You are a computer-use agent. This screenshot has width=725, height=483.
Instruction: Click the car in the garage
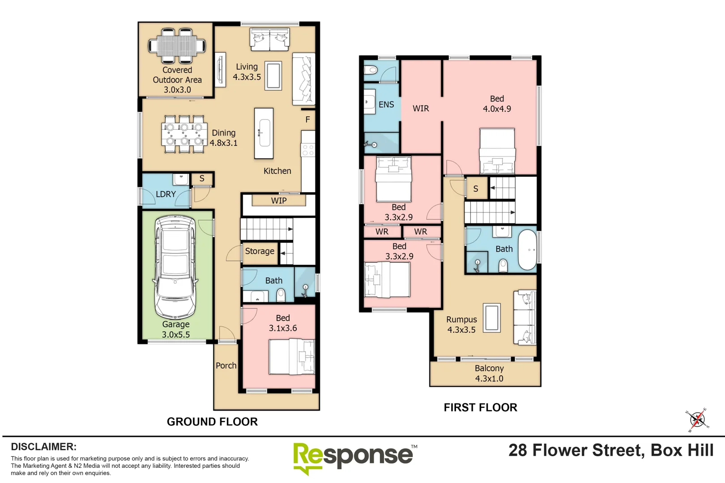tap(175, 267)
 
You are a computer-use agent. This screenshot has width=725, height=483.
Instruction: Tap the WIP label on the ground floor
tap(279, 200)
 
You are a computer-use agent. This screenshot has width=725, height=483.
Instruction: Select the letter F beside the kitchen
tap(308, 119)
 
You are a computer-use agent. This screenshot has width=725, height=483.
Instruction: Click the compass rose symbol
tap(698, 420)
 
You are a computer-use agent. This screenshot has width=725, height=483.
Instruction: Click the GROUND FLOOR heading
tap(212, 422)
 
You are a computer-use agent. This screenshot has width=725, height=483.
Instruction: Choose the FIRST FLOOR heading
tap(480, 407)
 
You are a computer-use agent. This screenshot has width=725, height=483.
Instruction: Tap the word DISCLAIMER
tap(44, 446)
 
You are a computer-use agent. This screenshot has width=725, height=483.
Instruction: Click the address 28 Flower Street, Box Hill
tap(611, 450)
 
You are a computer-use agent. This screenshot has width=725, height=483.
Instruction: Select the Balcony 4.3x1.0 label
tap(489, 373)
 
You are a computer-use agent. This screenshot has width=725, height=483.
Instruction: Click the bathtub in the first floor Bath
tap(527, 250)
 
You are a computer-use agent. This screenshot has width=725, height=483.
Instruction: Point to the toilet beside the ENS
tap(371, 69)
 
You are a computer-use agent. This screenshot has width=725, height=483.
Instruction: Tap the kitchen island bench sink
tap(264, 133)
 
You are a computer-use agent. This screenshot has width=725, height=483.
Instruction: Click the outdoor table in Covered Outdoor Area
tap(177, 46)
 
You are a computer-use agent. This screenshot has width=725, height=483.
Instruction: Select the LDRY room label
tap(166, 194)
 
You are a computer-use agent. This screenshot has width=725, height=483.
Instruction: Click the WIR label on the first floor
tap(421, 108)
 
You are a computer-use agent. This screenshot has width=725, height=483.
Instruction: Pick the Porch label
tap(226, 365)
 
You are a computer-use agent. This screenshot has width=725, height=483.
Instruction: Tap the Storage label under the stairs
tap(260, 251)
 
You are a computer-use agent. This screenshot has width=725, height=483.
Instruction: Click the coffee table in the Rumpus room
tap(492, 318)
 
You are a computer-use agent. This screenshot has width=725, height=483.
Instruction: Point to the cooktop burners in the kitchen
tap(307, 150)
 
